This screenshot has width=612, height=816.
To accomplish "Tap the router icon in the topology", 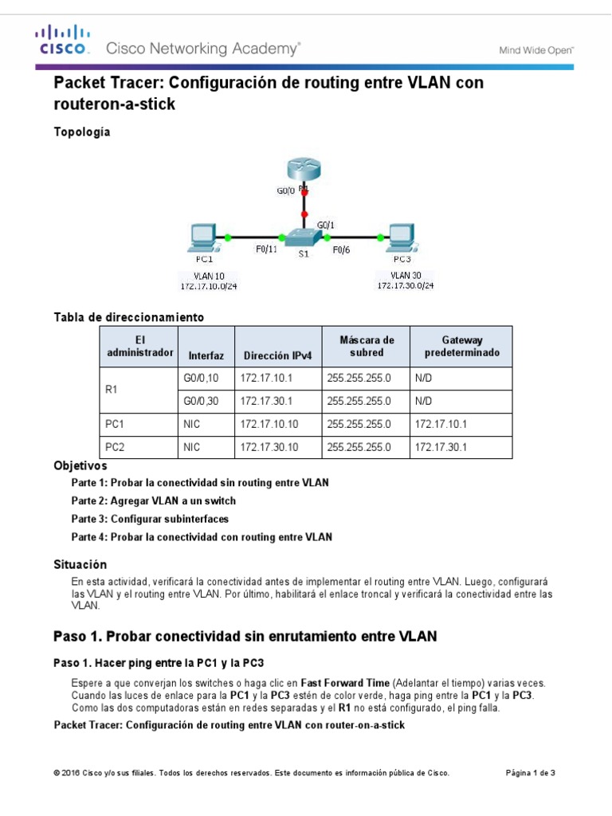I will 304,170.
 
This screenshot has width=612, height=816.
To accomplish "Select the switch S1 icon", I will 305,238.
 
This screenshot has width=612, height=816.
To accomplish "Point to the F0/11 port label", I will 266,249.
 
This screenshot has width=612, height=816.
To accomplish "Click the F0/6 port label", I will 342,249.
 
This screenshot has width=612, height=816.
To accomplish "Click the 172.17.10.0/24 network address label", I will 208,284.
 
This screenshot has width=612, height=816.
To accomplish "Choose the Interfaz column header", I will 206,355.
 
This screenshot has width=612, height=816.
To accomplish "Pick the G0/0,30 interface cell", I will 201,402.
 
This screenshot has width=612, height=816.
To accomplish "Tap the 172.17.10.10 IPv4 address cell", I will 269,425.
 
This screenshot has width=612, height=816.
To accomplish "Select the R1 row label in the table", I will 113,390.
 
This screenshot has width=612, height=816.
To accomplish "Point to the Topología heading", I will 81,132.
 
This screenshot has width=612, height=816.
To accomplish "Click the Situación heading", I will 80,563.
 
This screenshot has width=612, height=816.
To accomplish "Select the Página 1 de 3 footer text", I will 531,773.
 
